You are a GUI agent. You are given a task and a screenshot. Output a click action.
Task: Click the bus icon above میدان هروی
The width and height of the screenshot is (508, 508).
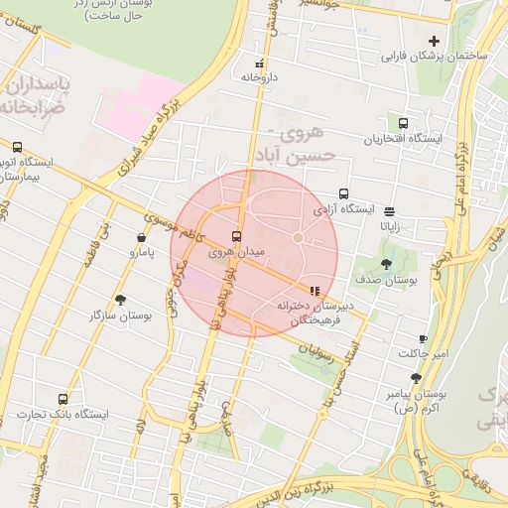236,237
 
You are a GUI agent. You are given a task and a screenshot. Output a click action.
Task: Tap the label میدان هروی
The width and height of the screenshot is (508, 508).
236,253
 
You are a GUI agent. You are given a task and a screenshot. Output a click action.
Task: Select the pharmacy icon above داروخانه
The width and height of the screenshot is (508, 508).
259,63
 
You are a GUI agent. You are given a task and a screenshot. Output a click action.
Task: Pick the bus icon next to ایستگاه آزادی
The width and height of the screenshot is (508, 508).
343,194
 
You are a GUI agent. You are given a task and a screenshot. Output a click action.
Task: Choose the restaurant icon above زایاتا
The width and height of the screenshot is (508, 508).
388,210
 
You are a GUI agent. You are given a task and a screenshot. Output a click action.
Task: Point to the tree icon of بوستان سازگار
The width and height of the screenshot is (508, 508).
120,300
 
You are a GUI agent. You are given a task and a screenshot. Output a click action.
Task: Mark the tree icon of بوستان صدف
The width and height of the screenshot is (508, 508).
386,264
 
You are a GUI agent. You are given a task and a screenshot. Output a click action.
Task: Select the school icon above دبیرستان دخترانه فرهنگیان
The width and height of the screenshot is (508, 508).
315,291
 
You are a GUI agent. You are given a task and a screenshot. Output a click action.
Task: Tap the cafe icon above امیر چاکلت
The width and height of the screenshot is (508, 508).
424,339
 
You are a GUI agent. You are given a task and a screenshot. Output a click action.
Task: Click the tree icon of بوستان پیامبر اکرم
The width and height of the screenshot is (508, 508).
415,378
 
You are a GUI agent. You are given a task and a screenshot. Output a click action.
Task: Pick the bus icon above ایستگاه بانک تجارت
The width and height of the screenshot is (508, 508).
63,399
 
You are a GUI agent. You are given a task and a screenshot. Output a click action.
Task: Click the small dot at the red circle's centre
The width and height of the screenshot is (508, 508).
297,238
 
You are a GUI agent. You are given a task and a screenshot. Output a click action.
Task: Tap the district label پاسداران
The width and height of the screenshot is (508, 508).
37,82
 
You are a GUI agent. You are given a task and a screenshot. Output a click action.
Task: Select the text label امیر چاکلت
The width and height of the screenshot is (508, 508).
424,354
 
